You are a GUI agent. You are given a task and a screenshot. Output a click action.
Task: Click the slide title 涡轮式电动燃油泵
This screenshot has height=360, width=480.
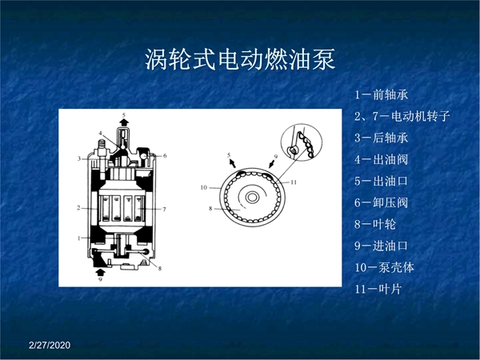(240, 59)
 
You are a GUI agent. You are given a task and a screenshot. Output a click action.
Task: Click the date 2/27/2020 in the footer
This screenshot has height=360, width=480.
(50, 346)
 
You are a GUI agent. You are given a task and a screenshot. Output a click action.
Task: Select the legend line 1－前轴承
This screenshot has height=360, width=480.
(382, 94)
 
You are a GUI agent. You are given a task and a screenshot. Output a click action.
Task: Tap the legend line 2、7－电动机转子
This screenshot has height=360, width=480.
(402, 116)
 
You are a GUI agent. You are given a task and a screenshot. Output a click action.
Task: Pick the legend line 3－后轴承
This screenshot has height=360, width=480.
(382, 138)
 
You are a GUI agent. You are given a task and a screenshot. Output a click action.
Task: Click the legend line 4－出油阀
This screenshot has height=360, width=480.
(382, 159)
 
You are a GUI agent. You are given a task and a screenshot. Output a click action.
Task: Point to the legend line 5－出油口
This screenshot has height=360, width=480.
(382, 181)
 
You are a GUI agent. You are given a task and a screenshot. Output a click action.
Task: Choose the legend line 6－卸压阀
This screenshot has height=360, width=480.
(382, 202)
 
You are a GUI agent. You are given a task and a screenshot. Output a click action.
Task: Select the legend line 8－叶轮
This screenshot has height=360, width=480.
(375, 224)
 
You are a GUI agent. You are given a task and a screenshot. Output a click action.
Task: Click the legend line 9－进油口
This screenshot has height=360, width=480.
(382, 246)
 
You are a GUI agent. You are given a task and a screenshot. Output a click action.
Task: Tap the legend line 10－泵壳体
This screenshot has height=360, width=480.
(385, 267)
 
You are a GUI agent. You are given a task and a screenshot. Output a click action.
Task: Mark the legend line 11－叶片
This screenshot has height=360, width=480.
(378, 289)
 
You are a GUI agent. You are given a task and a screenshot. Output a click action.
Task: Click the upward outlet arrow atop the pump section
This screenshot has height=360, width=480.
(124, 122)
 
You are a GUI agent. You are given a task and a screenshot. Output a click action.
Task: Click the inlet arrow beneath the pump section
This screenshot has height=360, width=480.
(100, 272)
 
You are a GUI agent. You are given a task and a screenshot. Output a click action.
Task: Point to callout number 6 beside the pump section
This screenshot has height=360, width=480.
(165, 156)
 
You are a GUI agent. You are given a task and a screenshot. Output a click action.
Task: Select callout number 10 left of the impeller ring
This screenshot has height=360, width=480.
(204, 187)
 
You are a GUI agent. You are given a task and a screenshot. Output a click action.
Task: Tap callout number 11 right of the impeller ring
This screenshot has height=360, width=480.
(294, 182)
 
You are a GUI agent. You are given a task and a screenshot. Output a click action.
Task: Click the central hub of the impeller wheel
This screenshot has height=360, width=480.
(252, 197)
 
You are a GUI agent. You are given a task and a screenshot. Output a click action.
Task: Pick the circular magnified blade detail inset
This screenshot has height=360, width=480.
(302, 142)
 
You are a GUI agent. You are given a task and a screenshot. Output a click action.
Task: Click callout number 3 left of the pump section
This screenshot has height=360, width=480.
(79, 158)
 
